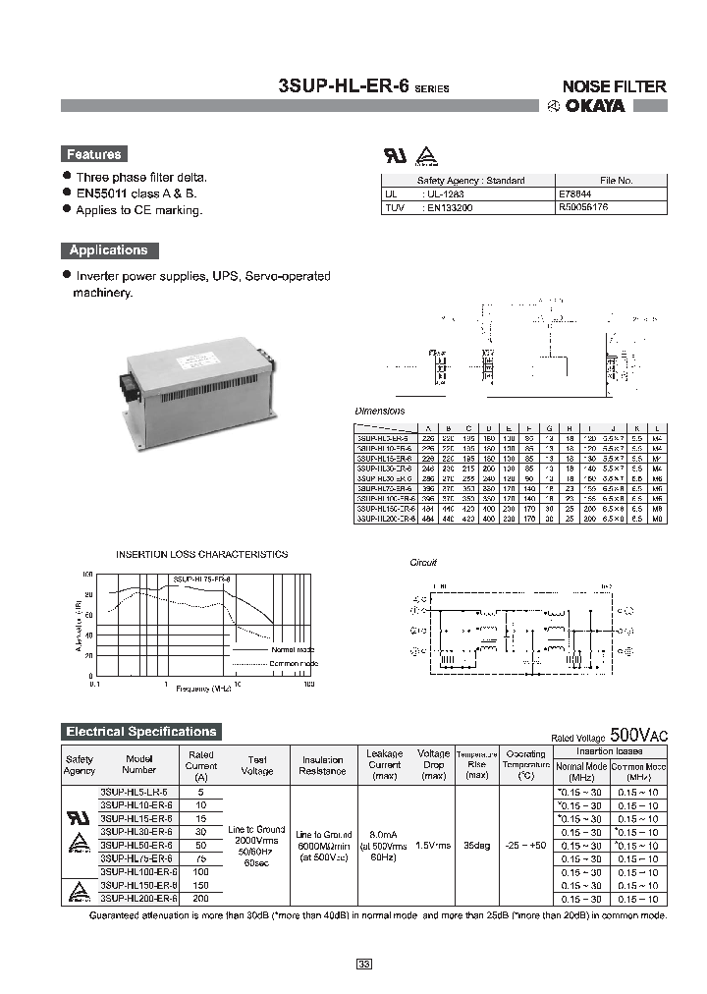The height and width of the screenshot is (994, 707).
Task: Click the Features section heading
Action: (x=93, y=154)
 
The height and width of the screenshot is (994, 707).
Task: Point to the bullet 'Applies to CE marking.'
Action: (x=138, y=210)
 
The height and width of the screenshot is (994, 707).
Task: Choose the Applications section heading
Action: (x=108, y=250)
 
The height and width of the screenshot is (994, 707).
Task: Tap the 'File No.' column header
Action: (x=616, y=181)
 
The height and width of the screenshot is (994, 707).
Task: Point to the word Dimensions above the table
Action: (x=379, y=411)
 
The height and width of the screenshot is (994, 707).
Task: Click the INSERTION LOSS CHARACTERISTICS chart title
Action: (x=201, y=554)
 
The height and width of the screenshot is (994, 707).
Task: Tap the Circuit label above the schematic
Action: (x=422, y=563)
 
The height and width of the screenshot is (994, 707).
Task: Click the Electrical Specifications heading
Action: (x=140, y=732)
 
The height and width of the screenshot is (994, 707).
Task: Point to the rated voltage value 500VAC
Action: (x=638, y=735)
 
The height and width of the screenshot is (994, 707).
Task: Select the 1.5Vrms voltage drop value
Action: (x=433, y=845)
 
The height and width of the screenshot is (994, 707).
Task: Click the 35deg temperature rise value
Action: (x=477, y=845)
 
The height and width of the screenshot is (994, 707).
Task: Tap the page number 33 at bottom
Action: (x=363, y=966)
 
